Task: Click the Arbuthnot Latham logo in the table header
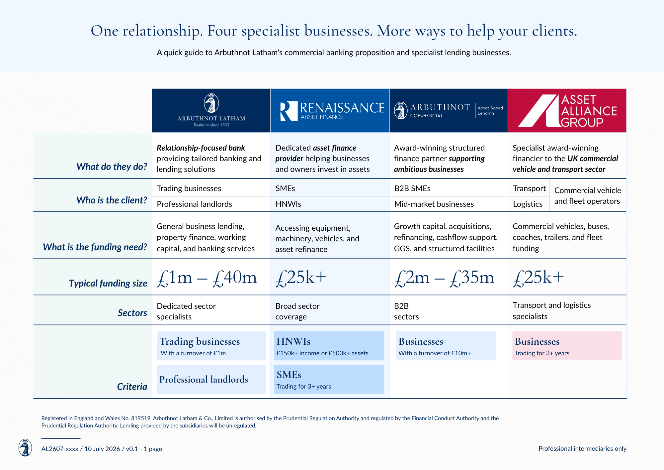click(211, 110)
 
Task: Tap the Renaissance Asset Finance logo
click(332, 111)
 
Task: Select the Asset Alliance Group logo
click(567, 111)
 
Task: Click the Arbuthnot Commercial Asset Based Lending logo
click(448, 111)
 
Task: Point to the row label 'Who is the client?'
click(112, 200)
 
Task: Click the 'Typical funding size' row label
click(108, 283)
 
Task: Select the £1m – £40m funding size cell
click(207, 278)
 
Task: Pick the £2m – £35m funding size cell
click(444, 278)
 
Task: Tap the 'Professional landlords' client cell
click(195, 204)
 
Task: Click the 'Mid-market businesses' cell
click(434, 204)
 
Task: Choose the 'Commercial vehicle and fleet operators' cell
click(587, 195)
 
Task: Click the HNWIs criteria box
click(329, 346)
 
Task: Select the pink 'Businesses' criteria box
click(567, 346)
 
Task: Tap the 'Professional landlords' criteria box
click(211, 379)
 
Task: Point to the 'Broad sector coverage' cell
click(297, 311)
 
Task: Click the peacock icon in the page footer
click(25, 448)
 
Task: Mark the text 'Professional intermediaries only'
click(582, 448)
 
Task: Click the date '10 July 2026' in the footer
click(102, 449)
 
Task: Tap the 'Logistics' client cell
click(528, 204)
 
